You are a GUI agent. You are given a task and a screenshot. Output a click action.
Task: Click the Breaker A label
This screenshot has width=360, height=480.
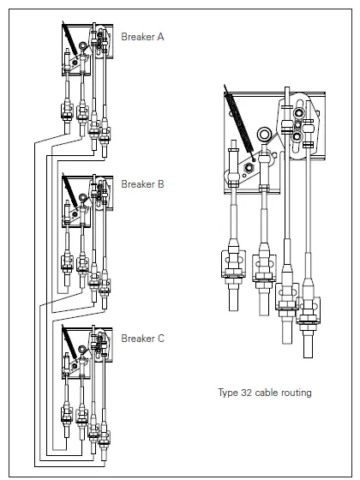(142, 37)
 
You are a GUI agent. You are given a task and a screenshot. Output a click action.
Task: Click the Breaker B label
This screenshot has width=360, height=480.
(142, 184)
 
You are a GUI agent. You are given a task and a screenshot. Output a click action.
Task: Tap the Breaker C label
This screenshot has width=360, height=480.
(142, 339)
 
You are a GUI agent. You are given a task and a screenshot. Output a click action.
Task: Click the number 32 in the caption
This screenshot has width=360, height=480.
(247, 393)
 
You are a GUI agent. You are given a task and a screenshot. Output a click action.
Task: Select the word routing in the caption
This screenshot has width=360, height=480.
(297, 393)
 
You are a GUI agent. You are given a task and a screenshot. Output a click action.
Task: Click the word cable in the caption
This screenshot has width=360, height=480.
(267, 393)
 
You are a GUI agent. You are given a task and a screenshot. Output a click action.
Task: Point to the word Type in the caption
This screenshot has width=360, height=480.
(228, 393)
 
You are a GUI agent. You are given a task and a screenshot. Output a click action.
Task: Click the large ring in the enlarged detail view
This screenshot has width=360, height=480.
(265, 135)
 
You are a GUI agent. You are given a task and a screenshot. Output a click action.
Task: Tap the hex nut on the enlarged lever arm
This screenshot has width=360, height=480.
(248, 167)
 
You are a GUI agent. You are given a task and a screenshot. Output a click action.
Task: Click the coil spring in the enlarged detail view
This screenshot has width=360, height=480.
(239, 123)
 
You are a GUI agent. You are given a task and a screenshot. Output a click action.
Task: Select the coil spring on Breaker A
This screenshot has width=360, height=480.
(69, 39)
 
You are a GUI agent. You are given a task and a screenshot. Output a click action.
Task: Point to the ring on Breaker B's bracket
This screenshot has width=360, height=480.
(82, 197)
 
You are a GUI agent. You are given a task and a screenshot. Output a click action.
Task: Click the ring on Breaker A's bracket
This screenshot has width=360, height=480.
(82, 46)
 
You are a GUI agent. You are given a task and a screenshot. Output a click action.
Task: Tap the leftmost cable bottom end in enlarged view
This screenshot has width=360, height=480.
(233, 310)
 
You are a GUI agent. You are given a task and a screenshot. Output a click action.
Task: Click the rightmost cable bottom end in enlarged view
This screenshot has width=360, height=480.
(309, 357)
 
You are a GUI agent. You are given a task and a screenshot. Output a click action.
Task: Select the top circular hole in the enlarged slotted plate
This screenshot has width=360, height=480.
(298, 113)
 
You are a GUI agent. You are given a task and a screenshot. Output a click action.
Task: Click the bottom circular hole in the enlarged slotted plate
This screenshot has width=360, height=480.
(298, 136)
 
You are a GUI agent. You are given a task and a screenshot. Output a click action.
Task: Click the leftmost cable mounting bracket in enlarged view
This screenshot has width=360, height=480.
(233, 264)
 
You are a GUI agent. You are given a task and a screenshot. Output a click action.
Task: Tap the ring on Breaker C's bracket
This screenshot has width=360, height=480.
(82, 350)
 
